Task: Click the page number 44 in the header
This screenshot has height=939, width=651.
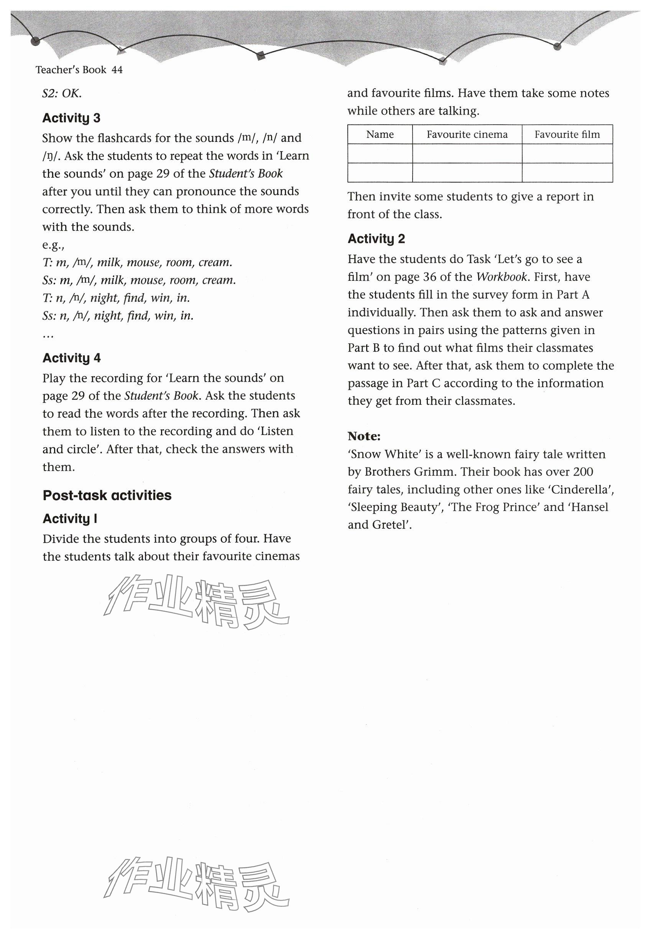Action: click(117, 70)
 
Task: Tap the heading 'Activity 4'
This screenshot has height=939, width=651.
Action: click(71, 358)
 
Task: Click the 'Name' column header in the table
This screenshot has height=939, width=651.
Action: click(380, 134)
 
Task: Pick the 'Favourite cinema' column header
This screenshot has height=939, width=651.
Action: click(467, 134)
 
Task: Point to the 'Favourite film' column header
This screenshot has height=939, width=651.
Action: click(567, 134)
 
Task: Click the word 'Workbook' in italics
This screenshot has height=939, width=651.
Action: click(501, 277)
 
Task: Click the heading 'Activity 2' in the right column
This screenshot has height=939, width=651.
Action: click(376, 239)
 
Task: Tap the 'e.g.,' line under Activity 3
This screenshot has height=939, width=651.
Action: click(53, 245)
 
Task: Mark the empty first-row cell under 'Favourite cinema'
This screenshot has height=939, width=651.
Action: click(467, 153)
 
